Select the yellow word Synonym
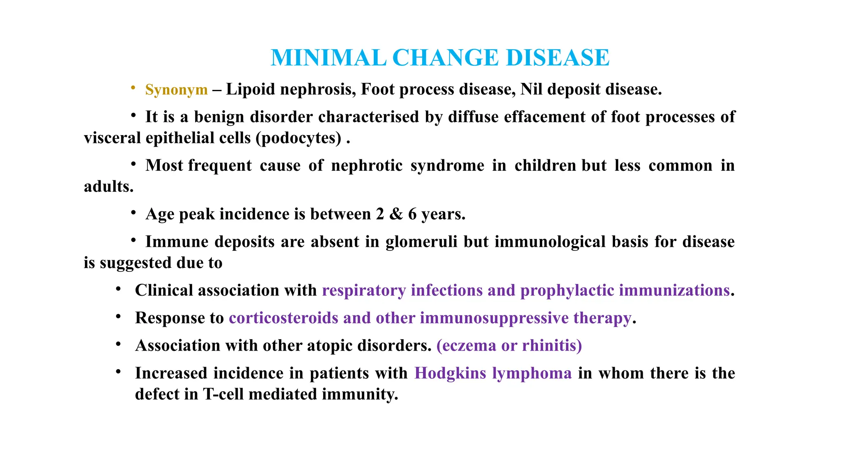[177, 90]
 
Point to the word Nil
[531, 90]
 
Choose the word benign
[219, 117]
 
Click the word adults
[108, 187]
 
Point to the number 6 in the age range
[412, 214]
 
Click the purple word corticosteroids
[283, 318]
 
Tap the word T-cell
[224, 394]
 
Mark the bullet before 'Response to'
[118, 317]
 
